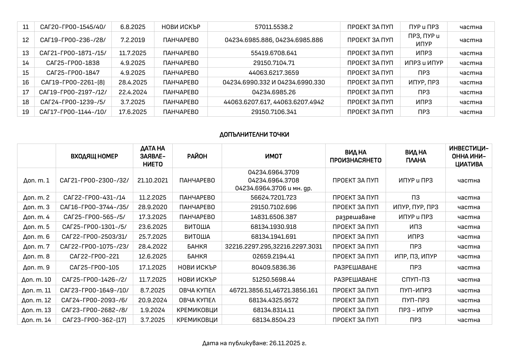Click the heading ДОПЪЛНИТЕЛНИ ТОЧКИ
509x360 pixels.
pyautogui.click(x=254, y=135)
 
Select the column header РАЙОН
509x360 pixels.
pyautogui.click(x=197, y=156)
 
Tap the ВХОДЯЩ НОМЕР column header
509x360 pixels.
pyautogui.click(x=94, y=156)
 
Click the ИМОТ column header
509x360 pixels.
pyautogui.click(x=273, y=156)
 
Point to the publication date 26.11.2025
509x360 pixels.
pyautogui.click(x=288, y=343)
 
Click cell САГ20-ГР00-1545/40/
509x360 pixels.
pyautogui.click(x=73, y=27)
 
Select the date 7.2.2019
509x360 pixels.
pyautogui.click(x=133, y=40)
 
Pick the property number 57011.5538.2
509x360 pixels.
pyautogui.click(x=274, y=27)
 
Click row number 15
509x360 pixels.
pyautogui.click(x=26, y=73)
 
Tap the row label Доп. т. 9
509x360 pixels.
pyautogui.click(x=36, y=267)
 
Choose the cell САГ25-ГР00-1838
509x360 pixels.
pyautogui.click(x=73, y=63)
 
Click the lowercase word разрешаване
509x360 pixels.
pyautogui.click(x=355, y=217)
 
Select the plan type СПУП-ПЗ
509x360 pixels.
pyautogui.click(x=416, y=280)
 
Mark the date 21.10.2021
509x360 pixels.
pyautogui.click(x=153, y=180)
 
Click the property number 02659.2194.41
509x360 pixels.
pyautogui.click(x=273, y=256)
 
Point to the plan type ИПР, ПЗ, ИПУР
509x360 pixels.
pyautogui.click(x=416, y=256)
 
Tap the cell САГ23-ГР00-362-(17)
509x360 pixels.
pyautogui.click(x=94, y=320)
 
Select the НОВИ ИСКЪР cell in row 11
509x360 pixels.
pyautogui.click(x=181, y=27)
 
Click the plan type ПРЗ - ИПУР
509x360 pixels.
pyautogui.click(x=416, y=310)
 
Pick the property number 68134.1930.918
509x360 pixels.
pyautogui.click(x=273, y=227)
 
